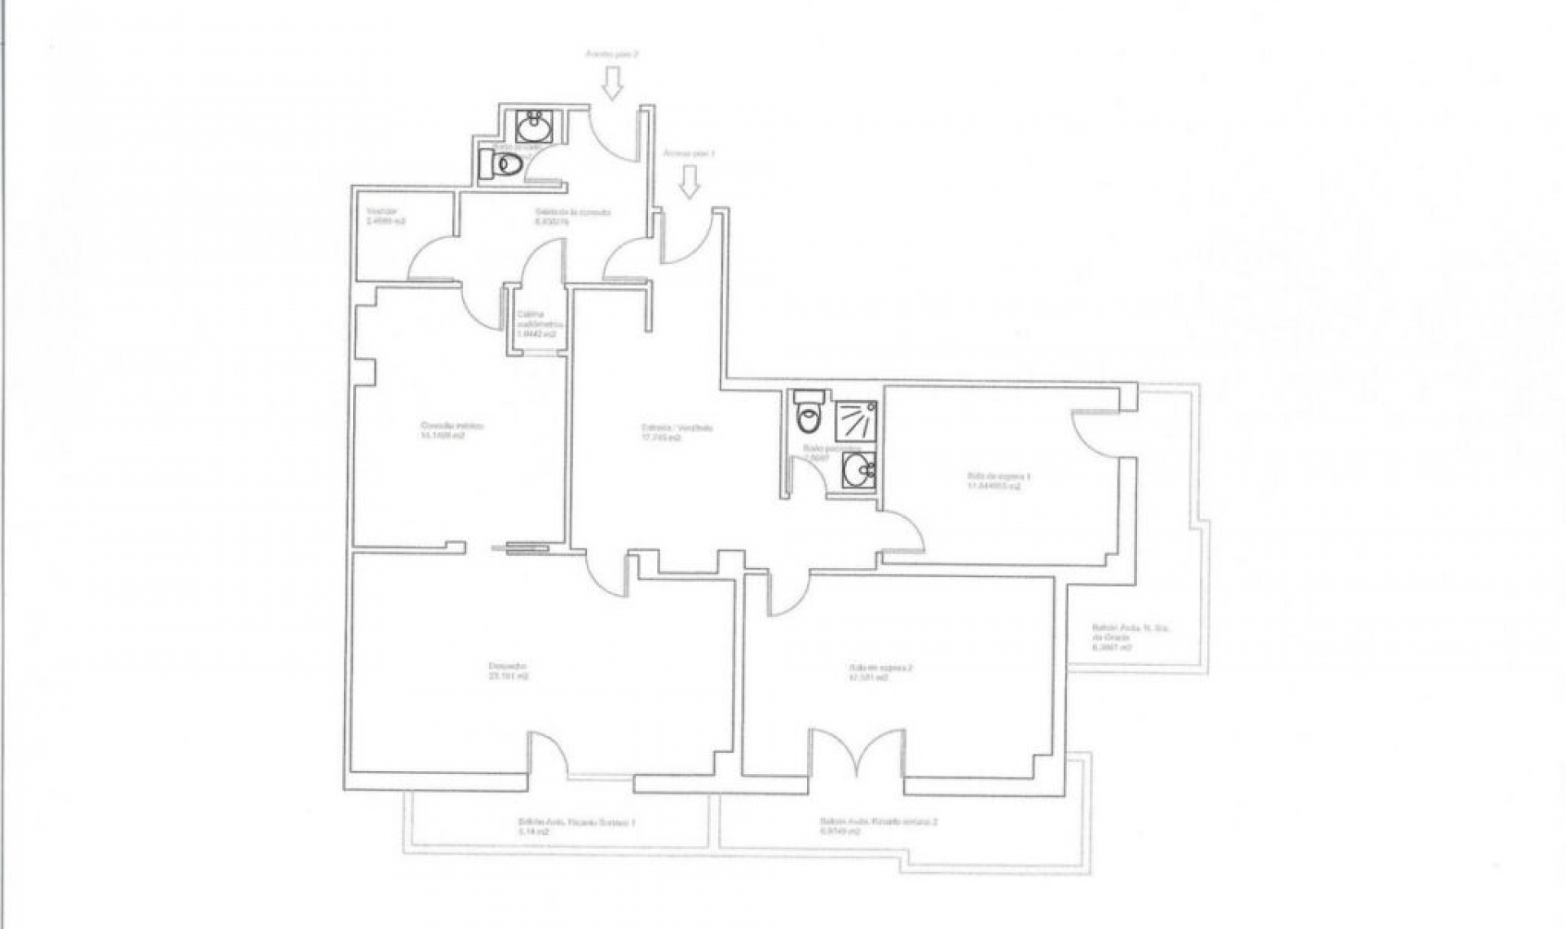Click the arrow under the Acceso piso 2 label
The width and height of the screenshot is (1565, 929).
coord(613,83)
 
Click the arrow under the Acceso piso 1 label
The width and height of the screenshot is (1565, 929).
coord(690,182)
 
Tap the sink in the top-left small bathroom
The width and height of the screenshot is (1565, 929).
coord(535,128)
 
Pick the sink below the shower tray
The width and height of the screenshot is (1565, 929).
coord(857,469)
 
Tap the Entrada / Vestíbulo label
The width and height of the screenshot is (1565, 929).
coord(667,432)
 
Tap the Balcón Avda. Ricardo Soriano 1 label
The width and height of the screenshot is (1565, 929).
coord(576,828)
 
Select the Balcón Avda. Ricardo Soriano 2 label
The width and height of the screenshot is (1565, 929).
coord(879,827)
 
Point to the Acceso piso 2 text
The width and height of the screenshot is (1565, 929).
coord(612,54)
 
